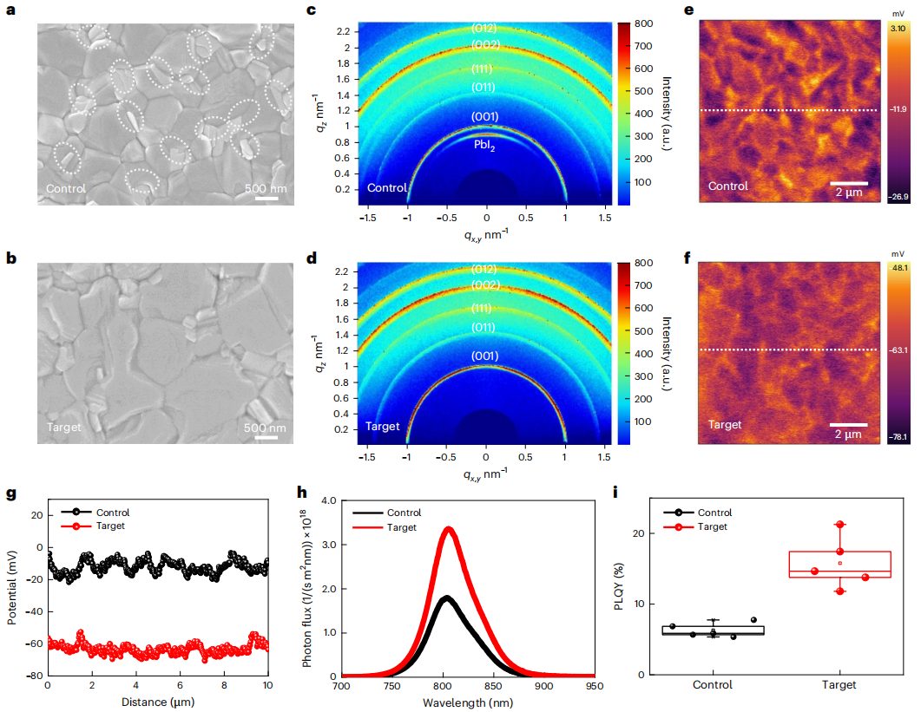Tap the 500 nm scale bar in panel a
pos(266,199)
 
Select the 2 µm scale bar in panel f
pos(847,425)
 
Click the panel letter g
pos(11,494)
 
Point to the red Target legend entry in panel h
pos(398,527)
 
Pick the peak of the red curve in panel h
pos(448,527)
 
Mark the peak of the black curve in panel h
pos(444,597)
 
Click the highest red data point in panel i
pos(840,525)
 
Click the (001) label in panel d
pos(484,356)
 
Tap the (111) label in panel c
pos(484,69)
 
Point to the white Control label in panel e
pos(727,186)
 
